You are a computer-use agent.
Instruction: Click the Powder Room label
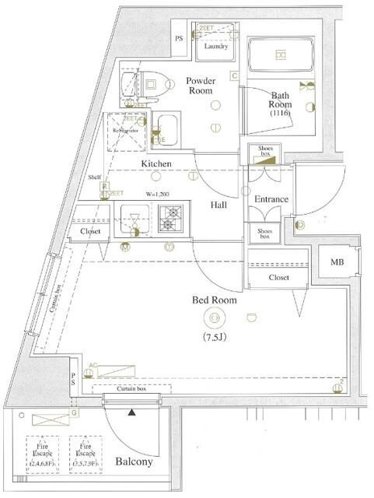click(x=200, y=84)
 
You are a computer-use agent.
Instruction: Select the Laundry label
click(x=215, y=47)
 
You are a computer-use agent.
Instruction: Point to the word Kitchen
click(x=156, y=164)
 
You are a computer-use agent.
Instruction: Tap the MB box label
click(x=336, y=262)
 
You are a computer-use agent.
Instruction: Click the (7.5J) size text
click(x=214, y=337)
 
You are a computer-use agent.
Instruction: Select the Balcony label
click(x=135, y=462)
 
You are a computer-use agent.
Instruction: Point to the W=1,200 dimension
click(x=156, y=194)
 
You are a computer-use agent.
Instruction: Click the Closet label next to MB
click(x=279, y=277)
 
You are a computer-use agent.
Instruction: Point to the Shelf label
click(x=95, y=177)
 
